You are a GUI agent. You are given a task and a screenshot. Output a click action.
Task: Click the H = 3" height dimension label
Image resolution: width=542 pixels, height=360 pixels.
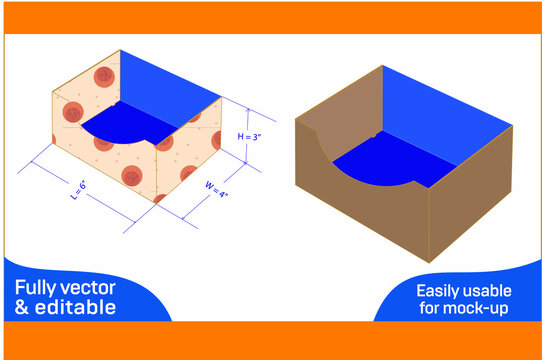pyautogui.click(x=252, y=136)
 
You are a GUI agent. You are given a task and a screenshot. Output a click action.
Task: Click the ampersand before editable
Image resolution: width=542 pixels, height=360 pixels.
pyautogui.click(x=22, y=307)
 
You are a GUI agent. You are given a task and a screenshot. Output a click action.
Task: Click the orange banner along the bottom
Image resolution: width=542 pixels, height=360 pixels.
pyautogui.click(x=271, y=340)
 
